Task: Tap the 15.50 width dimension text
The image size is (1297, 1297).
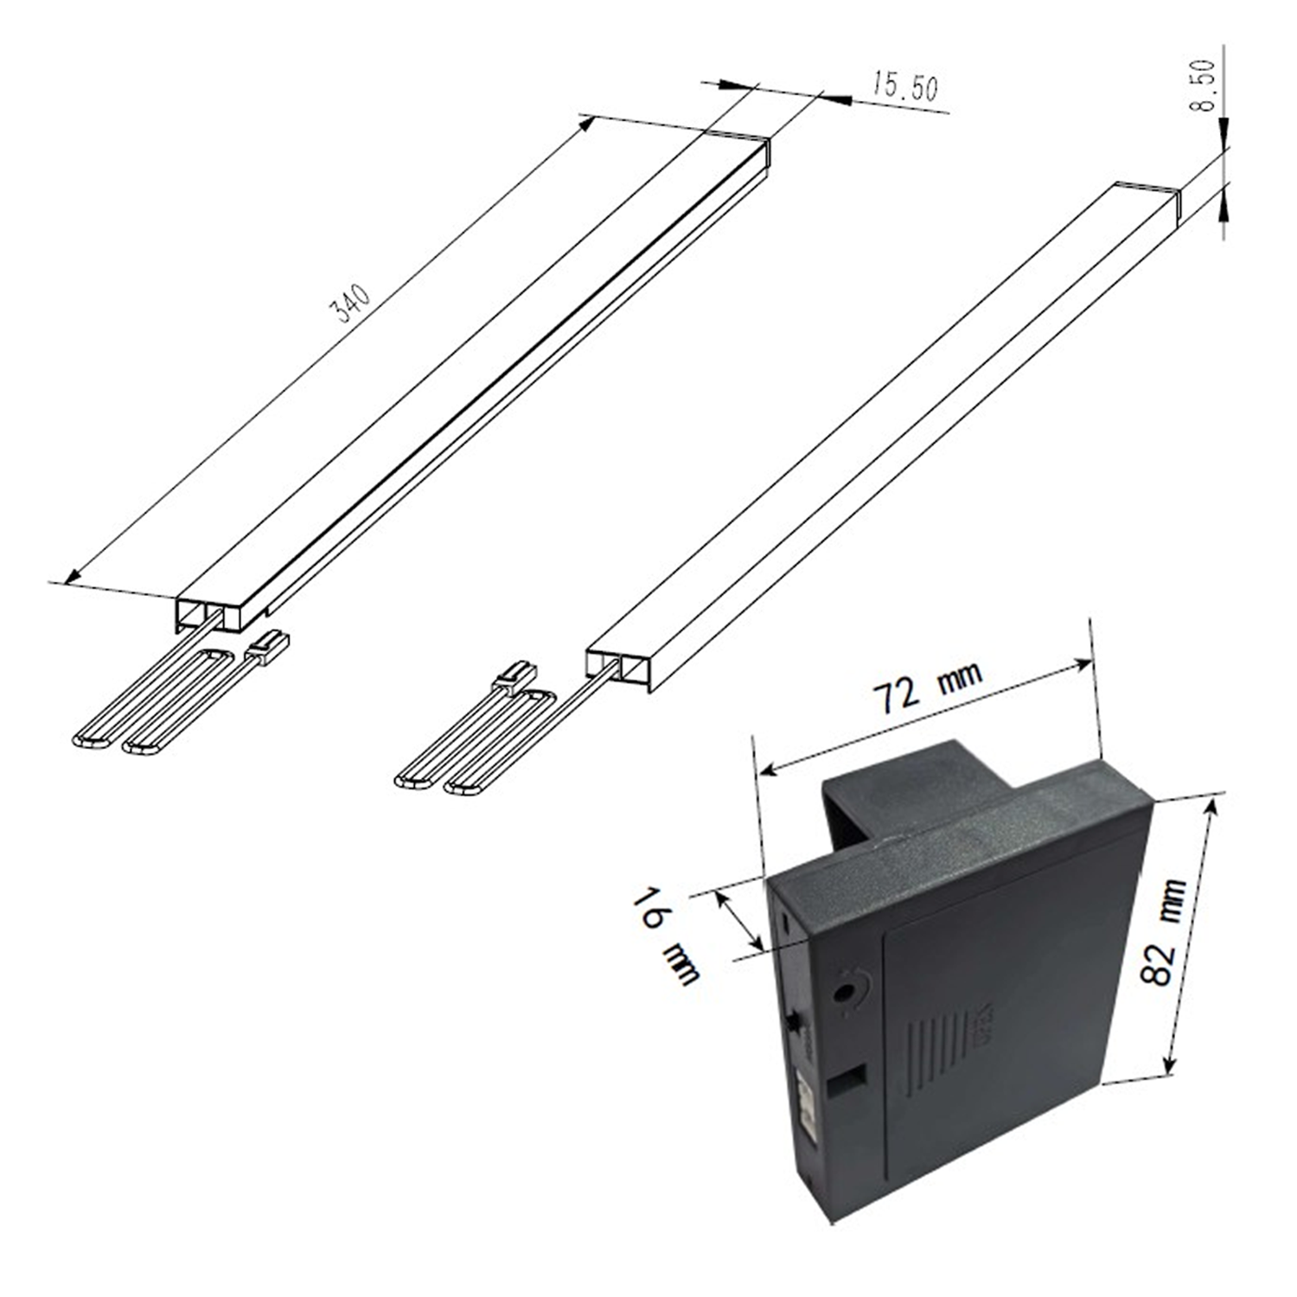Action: (x=904, y=87)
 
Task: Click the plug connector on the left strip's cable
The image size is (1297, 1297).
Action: (x=270, y=645)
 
